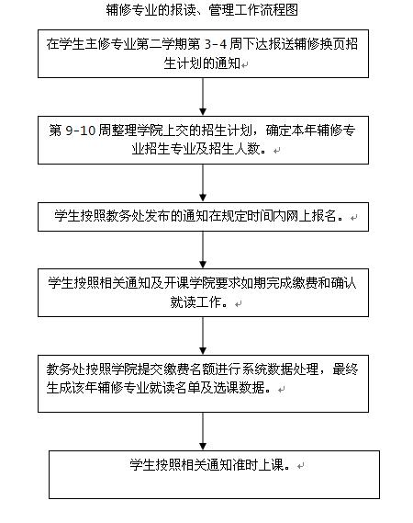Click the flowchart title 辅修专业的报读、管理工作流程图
point(202,10)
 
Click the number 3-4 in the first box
point(215,44)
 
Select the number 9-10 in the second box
point(80,131)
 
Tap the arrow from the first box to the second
point(203,97)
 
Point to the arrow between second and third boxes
point(203,183)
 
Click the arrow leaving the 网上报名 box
point(203,249)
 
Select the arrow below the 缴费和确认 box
point(203,335)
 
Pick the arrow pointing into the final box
point(203,431)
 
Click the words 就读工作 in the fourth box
point(195,301)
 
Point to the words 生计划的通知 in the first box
point(202,63)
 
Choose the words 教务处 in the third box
point(126,216)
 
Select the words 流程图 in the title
point(279,10)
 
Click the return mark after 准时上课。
point(300,466)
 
